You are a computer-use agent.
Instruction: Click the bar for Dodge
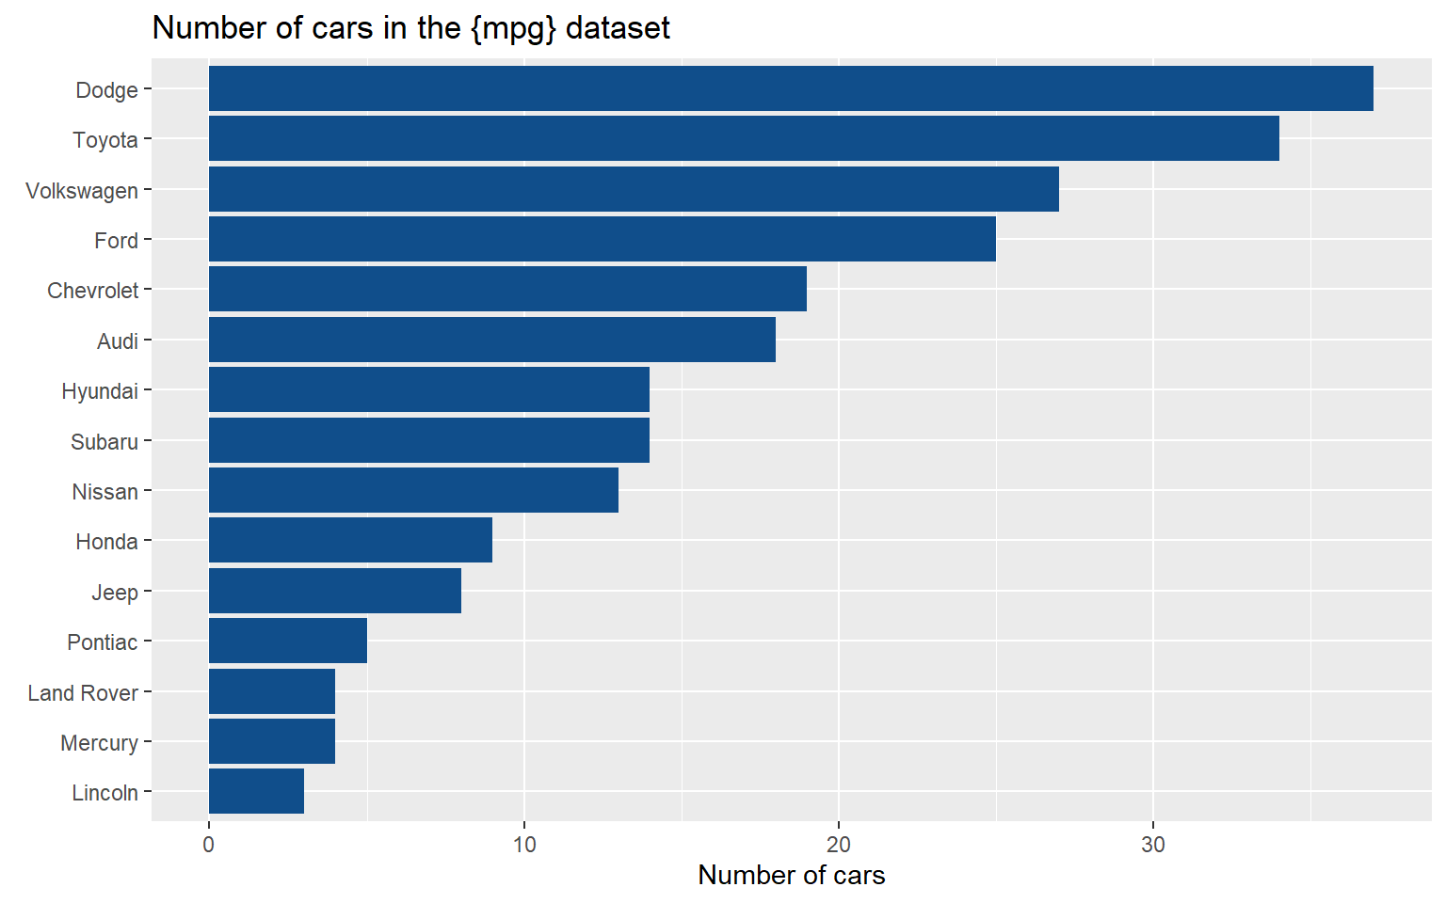(791, 88)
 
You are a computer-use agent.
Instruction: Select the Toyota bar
(744, 138)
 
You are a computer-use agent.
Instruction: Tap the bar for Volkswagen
(634, 189)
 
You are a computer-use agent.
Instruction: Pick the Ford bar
(602, 239)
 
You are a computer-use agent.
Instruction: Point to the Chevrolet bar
(508, 289)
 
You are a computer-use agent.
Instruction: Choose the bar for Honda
(350, 540)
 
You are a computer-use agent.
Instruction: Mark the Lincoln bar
(256, 791)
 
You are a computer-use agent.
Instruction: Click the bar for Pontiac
(288, 641)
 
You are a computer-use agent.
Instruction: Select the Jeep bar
(335, 591)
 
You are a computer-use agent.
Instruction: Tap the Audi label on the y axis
(118, 341)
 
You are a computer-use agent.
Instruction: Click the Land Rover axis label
(83, 692)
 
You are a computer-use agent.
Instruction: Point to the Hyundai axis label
(100, 391)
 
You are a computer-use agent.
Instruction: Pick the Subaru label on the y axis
(104, 442)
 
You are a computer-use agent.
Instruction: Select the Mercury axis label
(100, 743)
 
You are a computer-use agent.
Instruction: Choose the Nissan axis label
(105, 492)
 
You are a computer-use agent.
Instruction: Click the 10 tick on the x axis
(524, 845)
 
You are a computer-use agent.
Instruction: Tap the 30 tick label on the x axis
(1153, 845)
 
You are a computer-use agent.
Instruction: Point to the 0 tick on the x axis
(208, 845)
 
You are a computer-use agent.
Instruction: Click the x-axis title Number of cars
(792, 876)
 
